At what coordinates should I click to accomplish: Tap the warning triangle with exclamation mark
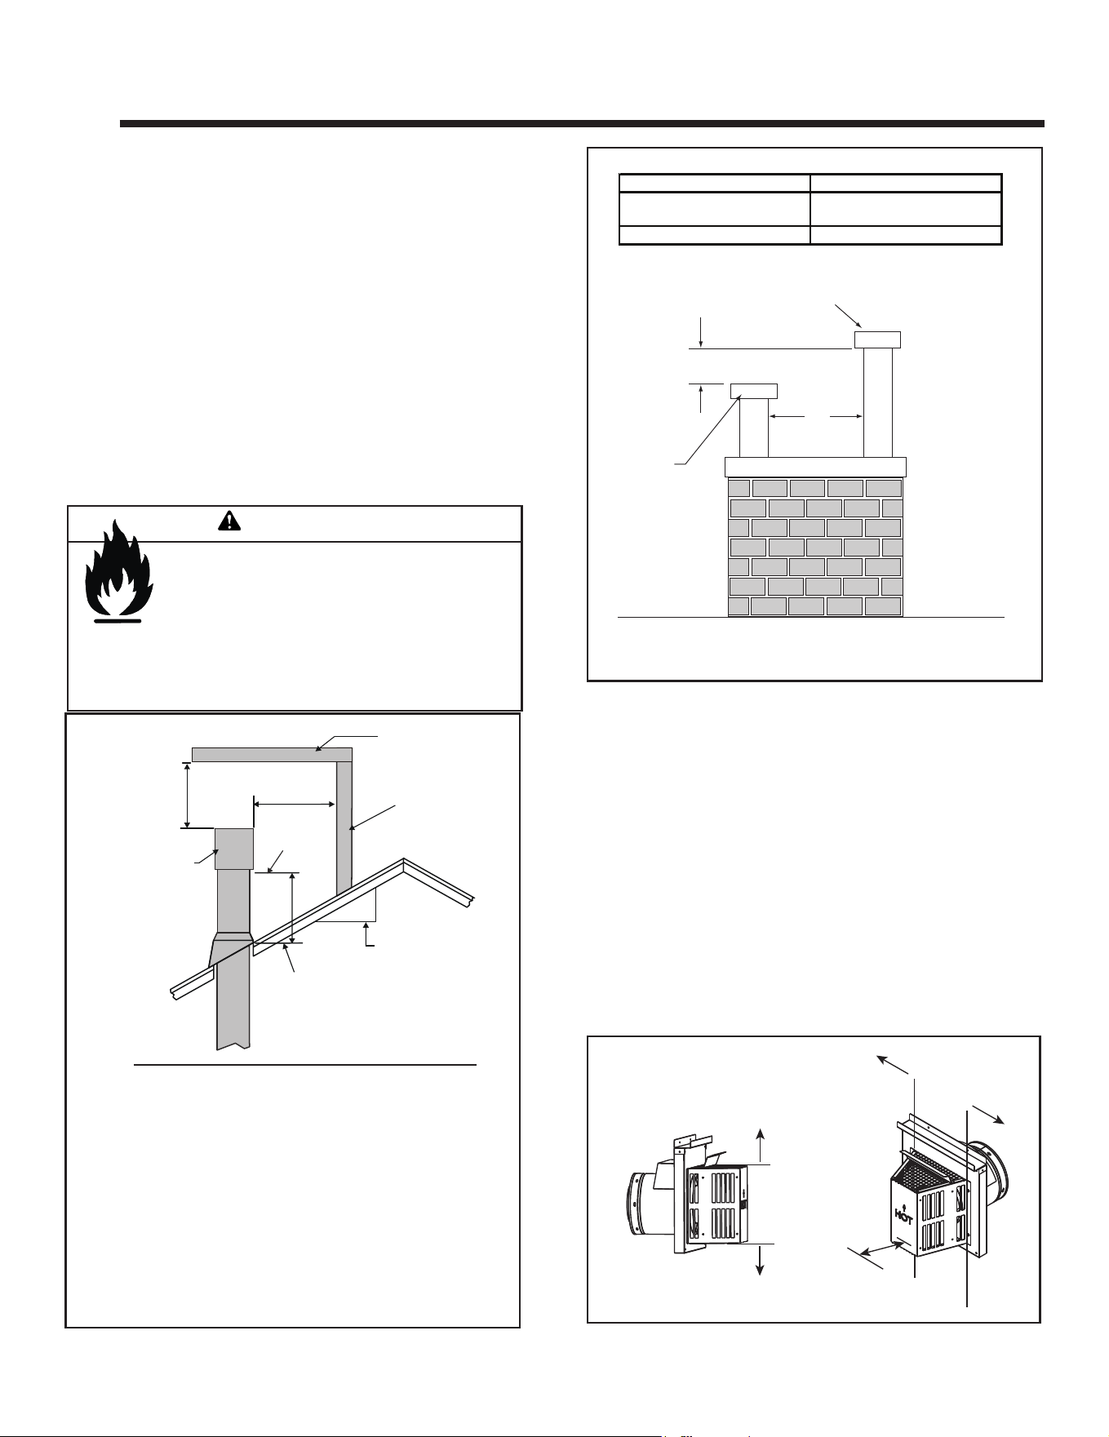click(x=229, y=521)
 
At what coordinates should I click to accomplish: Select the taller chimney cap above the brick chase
click(x=877, y=339)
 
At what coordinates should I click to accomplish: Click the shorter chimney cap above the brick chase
click(x=753, y=391)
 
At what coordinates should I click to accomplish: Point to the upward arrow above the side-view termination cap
click(x=761, y=1146)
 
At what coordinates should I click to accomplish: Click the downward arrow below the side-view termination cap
click(x=761, y=1261)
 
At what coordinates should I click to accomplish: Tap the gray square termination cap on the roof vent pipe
click(x=233, y=849)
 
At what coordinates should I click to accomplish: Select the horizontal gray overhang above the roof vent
click(x=272, y=754)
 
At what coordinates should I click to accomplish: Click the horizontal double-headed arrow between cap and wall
click(x=295, y=804)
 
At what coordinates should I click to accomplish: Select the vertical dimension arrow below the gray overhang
click(x=188, y=795)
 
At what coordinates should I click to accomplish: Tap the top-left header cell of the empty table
click(x=714, y=183)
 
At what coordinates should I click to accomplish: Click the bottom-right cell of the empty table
click(x=906, y=235)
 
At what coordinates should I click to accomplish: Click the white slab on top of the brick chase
click(x=816, y=467)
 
